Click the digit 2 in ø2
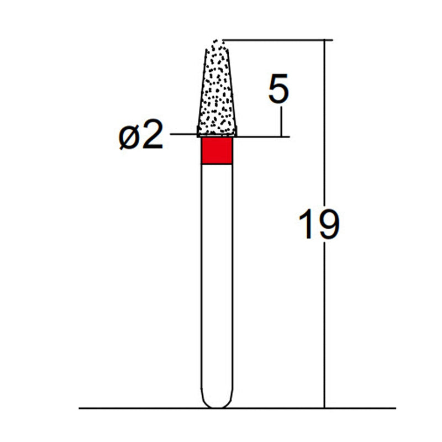coord(153,136)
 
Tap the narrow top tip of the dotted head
coord(218,43)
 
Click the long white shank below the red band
coord(217,276)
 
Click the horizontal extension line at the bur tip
coord(276,40)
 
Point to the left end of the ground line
coord(81,408)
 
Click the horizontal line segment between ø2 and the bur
coord(183,134)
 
